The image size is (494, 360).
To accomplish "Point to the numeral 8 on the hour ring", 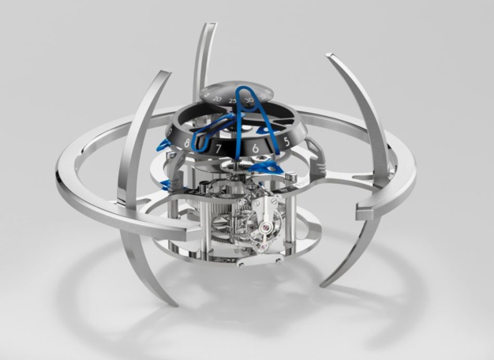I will coord(186,144).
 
